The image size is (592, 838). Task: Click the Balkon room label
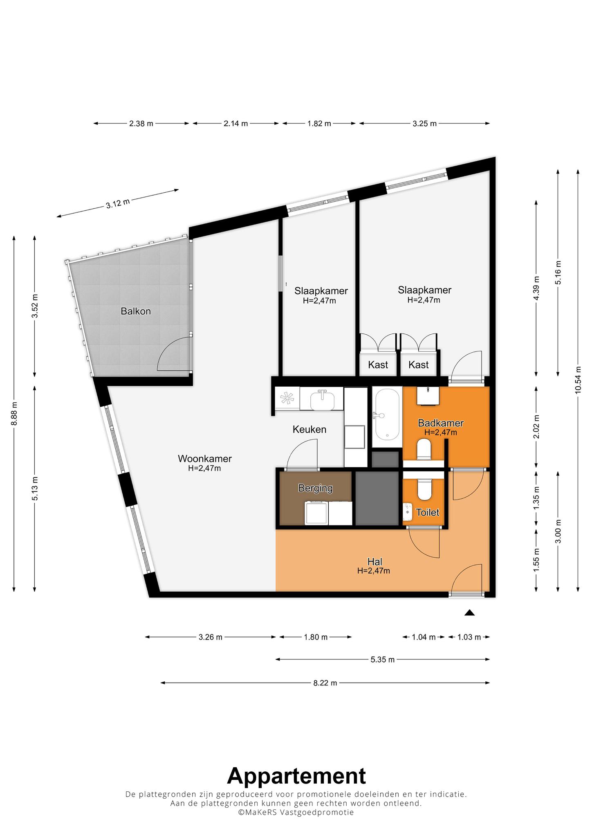136,311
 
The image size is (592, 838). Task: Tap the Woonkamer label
205,459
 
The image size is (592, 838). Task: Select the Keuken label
309,429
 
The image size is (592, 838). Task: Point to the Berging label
315,488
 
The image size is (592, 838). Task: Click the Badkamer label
440,423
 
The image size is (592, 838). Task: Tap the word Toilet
428,512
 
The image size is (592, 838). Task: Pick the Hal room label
375,561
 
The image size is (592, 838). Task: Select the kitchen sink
322,399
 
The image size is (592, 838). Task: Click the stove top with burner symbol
287,399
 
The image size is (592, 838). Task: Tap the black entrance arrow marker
469,613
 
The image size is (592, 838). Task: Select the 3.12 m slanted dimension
118,203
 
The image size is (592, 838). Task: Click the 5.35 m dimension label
383,660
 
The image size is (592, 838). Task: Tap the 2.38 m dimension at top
141,124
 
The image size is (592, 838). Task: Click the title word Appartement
296,776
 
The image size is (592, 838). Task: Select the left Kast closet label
378,365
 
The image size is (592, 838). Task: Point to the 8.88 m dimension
14,414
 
